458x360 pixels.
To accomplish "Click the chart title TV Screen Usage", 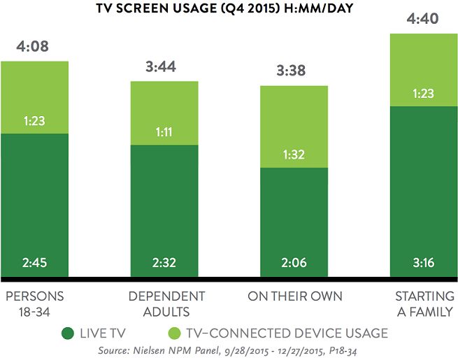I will tap(229, 10).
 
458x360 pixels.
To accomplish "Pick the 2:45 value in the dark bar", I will tap(34, 264).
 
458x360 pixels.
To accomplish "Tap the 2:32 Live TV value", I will tap(164, 264).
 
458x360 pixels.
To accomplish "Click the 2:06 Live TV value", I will tap(294, 264).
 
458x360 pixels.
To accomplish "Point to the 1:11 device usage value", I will tap(164, 131).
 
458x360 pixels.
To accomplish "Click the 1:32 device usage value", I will tap(294, 154).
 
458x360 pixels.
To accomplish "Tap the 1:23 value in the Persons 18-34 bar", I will tap(34, 120).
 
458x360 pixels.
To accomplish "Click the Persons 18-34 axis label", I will tap(34, 303).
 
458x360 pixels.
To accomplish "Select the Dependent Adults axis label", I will tap(166, 303).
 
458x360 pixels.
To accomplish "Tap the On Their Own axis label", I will tap(295, 296).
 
